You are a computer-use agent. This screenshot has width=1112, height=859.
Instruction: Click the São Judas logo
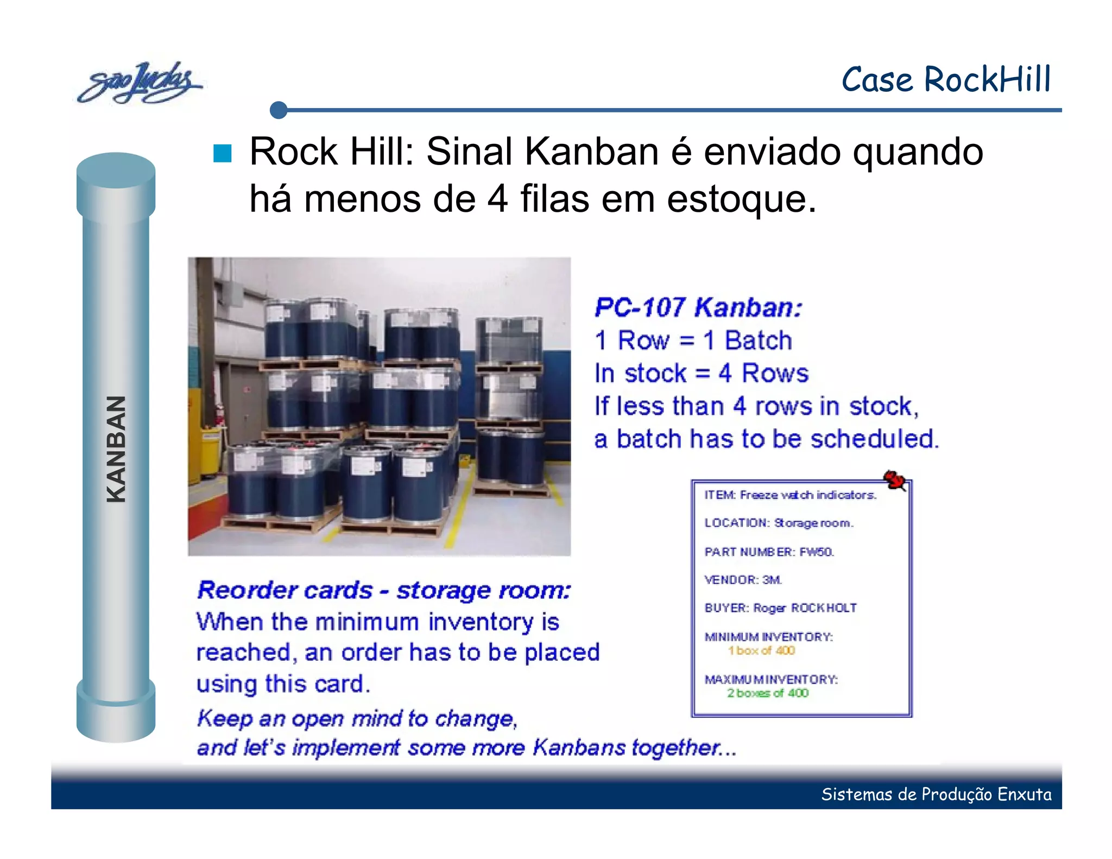click(138, 83)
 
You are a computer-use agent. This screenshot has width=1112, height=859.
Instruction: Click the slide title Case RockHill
click(946, 80)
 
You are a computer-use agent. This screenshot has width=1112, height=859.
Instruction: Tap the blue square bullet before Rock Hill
click(222, 154)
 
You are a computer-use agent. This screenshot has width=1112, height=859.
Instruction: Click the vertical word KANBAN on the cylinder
click(116, 449)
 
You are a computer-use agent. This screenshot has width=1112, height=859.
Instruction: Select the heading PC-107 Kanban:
click(698, 308)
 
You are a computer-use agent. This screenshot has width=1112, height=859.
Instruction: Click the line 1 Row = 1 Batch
click(693, 341)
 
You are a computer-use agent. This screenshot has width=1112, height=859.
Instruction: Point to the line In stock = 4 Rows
click(701, 374)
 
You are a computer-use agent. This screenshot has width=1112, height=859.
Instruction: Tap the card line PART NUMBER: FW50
click(769, 552)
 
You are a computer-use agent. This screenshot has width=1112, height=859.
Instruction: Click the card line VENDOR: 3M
click(743, 580)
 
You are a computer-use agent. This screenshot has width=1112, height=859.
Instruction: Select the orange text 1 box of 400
click(761, 650)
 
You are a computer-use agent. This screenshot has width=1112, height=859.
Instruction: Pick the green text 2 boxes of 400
click(768, 693)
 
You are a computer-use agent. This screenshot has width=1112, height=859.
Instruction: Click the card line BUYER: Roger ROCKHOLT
click(780, 608)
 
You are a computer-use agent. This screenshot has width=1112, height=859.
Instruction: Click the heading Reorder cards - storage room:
click(384, 590)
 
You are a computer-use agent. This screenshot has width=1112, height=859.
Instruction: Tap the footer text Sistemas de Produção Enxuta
click(936, 794)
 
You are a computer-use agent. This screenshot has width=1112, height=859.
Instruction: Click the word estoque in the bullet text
click(741, 199)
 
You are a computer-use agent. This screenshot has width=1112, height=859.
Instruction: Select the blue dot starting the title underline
click(279, 110)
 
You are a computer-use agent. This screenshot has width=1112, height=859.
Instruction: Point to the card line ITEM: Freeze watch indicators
click(790, 495)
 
